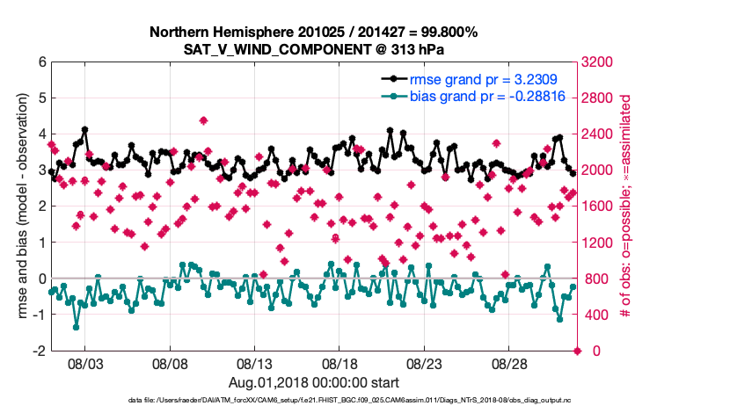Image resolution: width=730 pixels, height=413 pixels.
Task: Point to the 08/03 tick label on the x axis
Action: coord(85,362)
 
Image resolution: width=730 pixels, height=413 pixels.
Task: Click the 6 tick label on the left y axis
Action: coord(41,62)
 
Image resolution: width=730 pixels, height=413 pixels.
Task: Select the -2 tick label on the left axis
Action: coord(40,351)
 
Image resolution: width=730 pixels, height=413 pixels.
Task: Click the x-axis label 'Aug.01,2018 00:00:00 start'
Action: coord(313,382)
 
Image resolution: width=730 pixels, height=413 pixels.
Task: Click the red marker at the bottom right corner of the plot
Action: coord(577,351)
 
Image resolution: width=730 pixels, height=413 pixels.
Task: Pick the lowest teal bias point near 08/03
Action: coord(77,327)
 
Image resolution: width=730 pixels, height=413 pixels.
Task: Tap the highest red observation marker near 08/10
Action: coord(203,120)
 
